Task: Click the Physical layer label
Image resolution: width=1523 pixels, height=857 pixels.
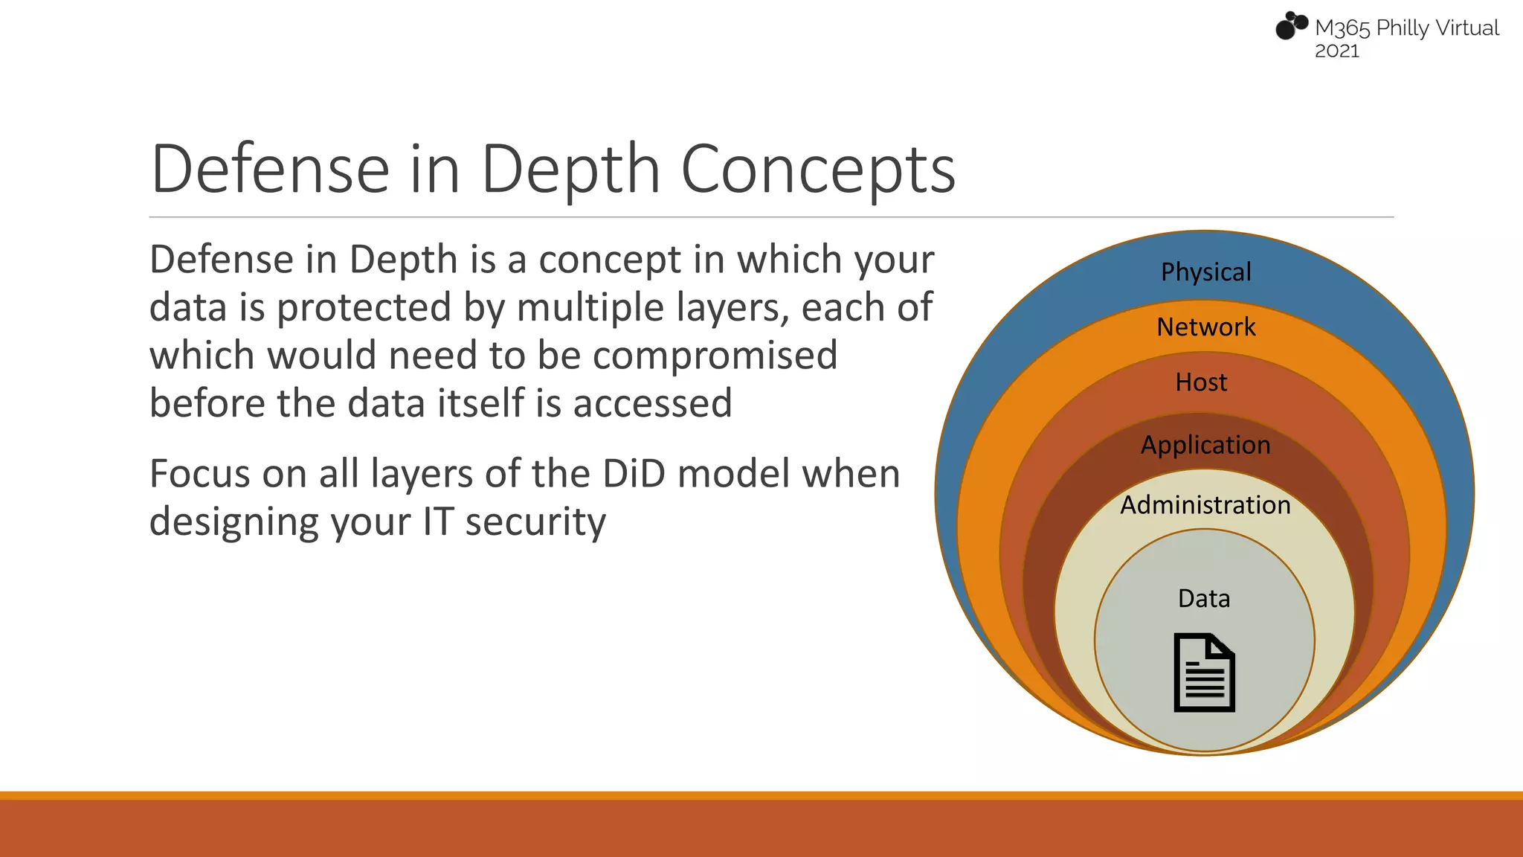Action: click(x=1205, y=272)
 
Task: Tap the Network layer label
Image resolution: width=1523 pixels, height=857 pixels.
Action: click(x=1205, y=327)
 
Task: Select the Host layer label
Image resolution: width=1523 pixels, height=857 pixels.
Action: click(x=1201, y=382)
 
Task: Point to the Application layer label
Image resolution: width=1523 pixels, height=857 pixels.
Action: click(x=1205, y=445)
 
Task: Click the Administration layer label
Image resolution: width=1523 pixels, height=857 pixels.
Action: click(x=1205, y=505)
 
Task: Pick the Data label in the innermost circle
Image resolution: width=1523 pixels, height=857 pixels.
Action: click(x=1204, y=599)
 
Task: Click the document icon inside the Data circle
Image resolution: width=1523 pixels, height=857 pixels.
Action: click(x=1204, y=673)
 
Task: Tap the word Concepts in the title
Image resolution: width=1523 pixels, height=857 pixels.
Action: click(x=818, y=170)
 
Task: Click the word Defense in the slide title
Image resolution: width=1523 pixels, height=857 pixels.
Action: click(x=270, y=170)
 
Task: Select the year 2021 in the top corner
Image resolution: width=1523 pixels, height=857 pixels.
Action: click(x=1336, y=51)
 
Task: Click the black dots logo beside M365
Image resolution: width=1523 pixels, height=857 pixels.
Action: click(x=1291, y=26)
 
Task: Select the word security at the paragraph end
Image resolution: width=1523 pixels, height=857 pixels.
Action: click(x=535, y=522)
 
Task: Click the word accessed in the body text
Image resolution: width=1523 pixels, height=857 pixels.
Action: click(x=652, y=404)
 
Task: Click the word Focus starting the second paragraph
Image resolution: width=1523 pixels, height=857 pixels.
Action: click(x=199, y=474)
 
